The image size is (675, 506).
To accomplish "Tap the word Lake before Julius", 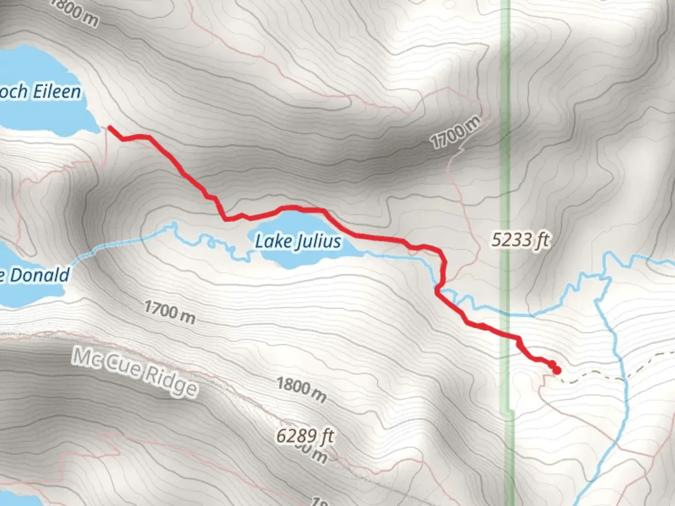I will pyautogui.click(x=273, y=241).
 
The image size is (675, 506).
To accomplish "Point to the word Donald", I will pyautogui.click(x=40, y=275).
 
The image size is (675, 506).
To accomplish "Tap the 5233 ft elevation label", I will pyautogui.click(x=520, y=240).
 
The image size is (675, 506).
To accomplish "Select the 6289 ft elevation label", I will pyautogui.click(x=305, y=436).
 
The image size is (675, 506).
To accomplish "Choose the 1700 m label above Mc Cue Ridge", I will pyautogui.click(x=170, y=312).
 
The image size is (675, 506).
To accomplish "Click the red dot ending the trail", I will pyautogui.click(x=557, y=371).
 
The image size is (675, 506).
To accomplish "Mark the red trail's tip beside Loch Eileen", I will pyautogui.click(x=110, y=127).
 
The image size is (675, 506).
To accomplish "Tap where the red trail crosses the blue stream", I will pyautogui.click(x=441, y=286).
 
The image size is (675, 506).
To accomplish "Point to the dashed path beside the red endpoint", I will pyautogui.click(x=591, y=377).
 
